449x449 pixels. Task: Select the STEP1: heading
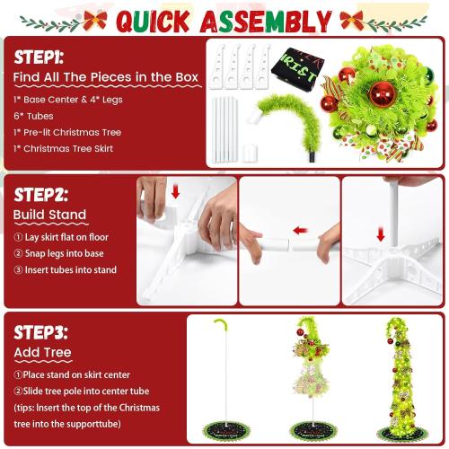click(38, 55)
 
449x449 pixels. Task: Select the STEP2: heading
click(40, 195)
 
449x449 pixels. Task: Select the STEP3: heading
click(40, 331)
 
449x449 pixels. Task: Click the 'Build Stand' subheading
click(49, 215)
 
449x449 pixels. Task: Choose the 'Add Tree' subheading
click(42, 353)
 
